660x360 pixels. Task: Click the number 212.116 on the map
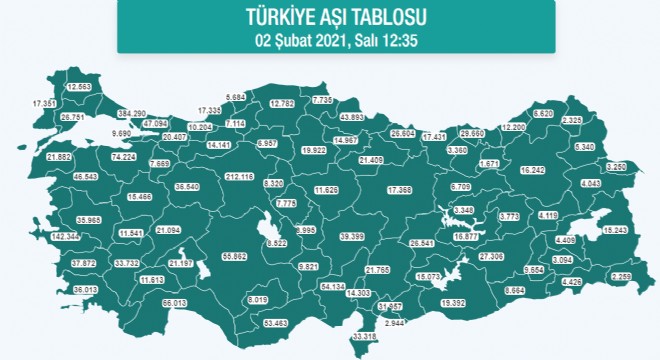click(x=240, y=177)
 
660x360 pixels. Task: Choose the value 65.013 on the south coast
click(x=174, y=301)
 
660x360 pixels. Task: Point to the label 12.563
click(x=79, y=87)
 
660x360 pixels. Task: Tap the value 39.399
click(x=351, y=236)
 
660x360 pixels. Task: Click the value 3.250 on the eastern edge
click(x=617, y=166)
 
